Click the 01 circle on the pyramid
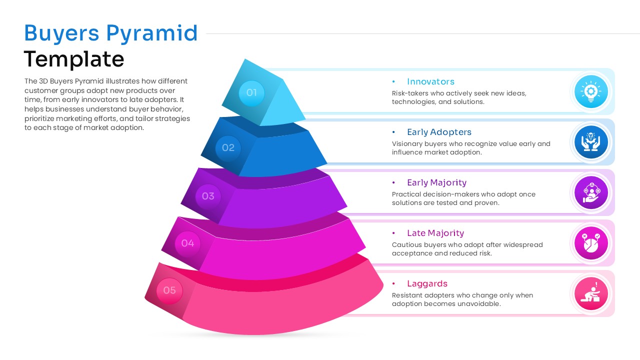tap(251, 92)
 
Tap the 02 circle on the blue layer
tap(228, 147)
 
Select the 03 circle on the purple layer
tap(208, 196)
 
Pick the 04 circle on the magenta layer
tap(187, 243)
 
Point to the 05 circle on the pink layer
tap(169, 290)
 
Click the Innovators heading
tap(430, 81)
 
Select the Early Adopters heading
tap(439, 132)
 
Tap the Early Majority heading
tap(436, 182)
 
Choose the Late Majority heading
tap(435, 233)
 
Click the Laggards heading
tap(427, 283)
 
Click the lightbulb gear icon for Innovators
tap(591, 91)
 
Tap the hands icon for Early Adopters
tap(591, 142)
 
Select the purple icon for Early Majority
tap(591, 192)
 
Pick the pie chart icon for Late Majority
tap(591, 243)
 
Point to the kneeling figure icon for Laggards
tap(591, 293)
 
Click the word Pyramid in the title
tap(152, 33)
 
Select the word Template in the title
tap(74, 59)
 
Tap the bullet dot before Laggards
tap(394, 283)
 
